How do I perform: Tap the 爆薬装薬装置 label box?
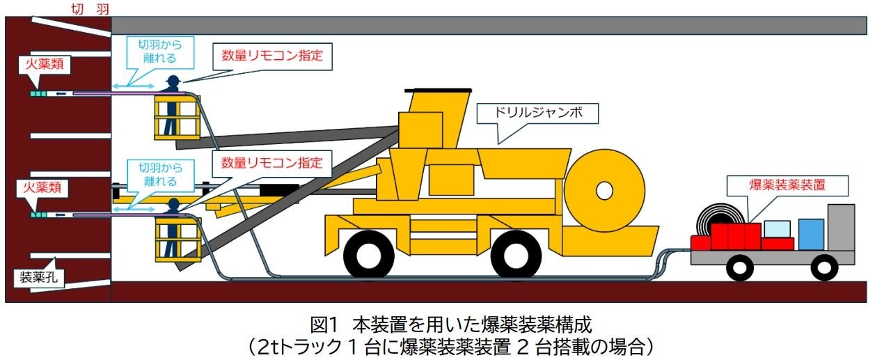coord(788,185)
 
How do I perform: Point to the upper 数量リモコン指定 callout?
coord(272,56)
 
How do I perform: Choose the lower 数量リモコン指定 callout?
coord(272,164)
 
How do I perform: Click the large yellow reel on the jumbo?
coord(602,189)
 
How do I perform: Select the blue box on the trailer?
coord(811,235)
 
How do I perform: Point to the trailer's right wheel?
coord(824,267)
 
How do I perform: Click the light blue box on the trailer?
coord(777,228)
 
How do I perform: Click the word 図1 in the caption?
coord(324,324)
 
